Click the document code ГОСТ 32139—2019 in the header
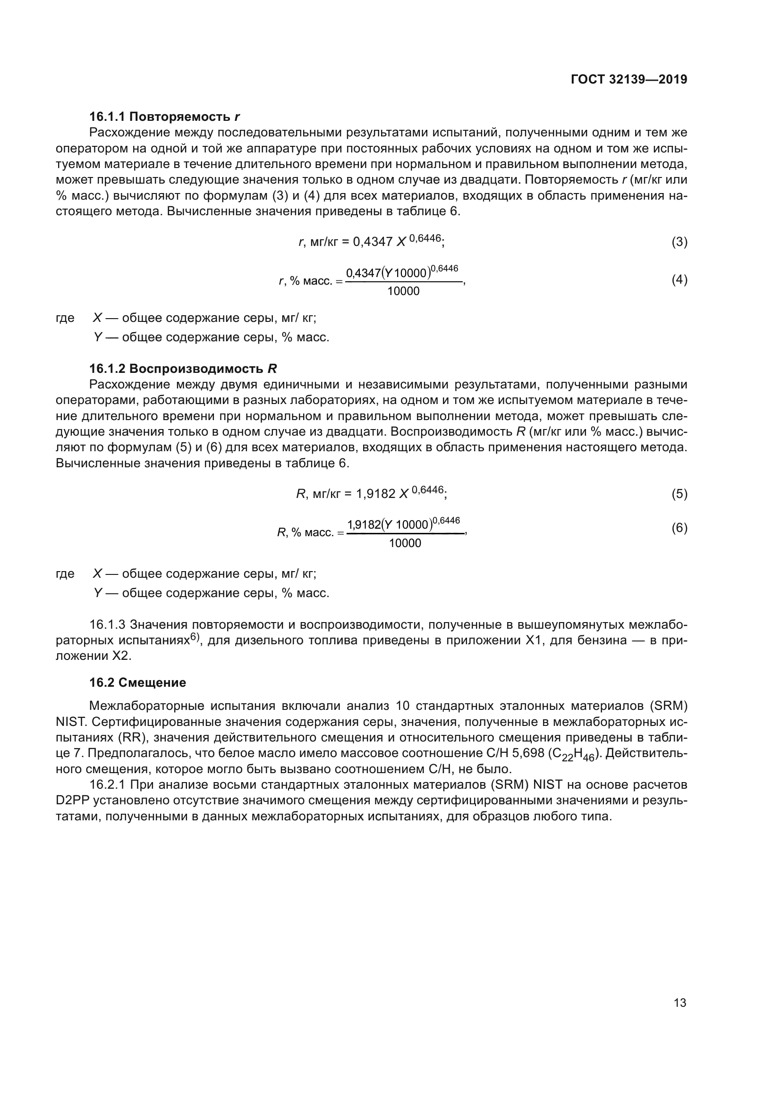click(x=629, y=80)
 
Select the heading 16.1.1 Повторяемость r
click(x=164, y=117)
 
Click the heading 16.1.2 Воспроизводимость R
click(x=183, y=369)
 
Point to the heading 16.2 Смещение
click(x=137, y=683)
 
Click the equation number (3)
click(x=679, y=242)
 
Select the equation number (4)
click(x=679, y=280)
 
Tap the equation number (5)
click(x=679, y=494)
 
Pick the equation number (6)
click(x=679, y=528)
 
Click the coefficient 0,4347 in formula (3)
click(x=373, y=242)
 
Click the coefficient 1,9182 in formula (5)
click(x=375, y=494)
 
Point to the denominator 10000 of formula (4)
click(x=403, y=291)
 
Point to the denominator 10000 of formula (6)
click(x=405, y=543)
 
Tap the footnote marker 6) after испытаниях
click(x=194, y=637)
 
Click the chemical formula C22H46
click(x=574, y=754)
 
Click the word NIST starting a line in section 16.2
click(x=71, y=722)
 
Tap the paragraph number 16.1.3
click(x=107, y=624)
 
